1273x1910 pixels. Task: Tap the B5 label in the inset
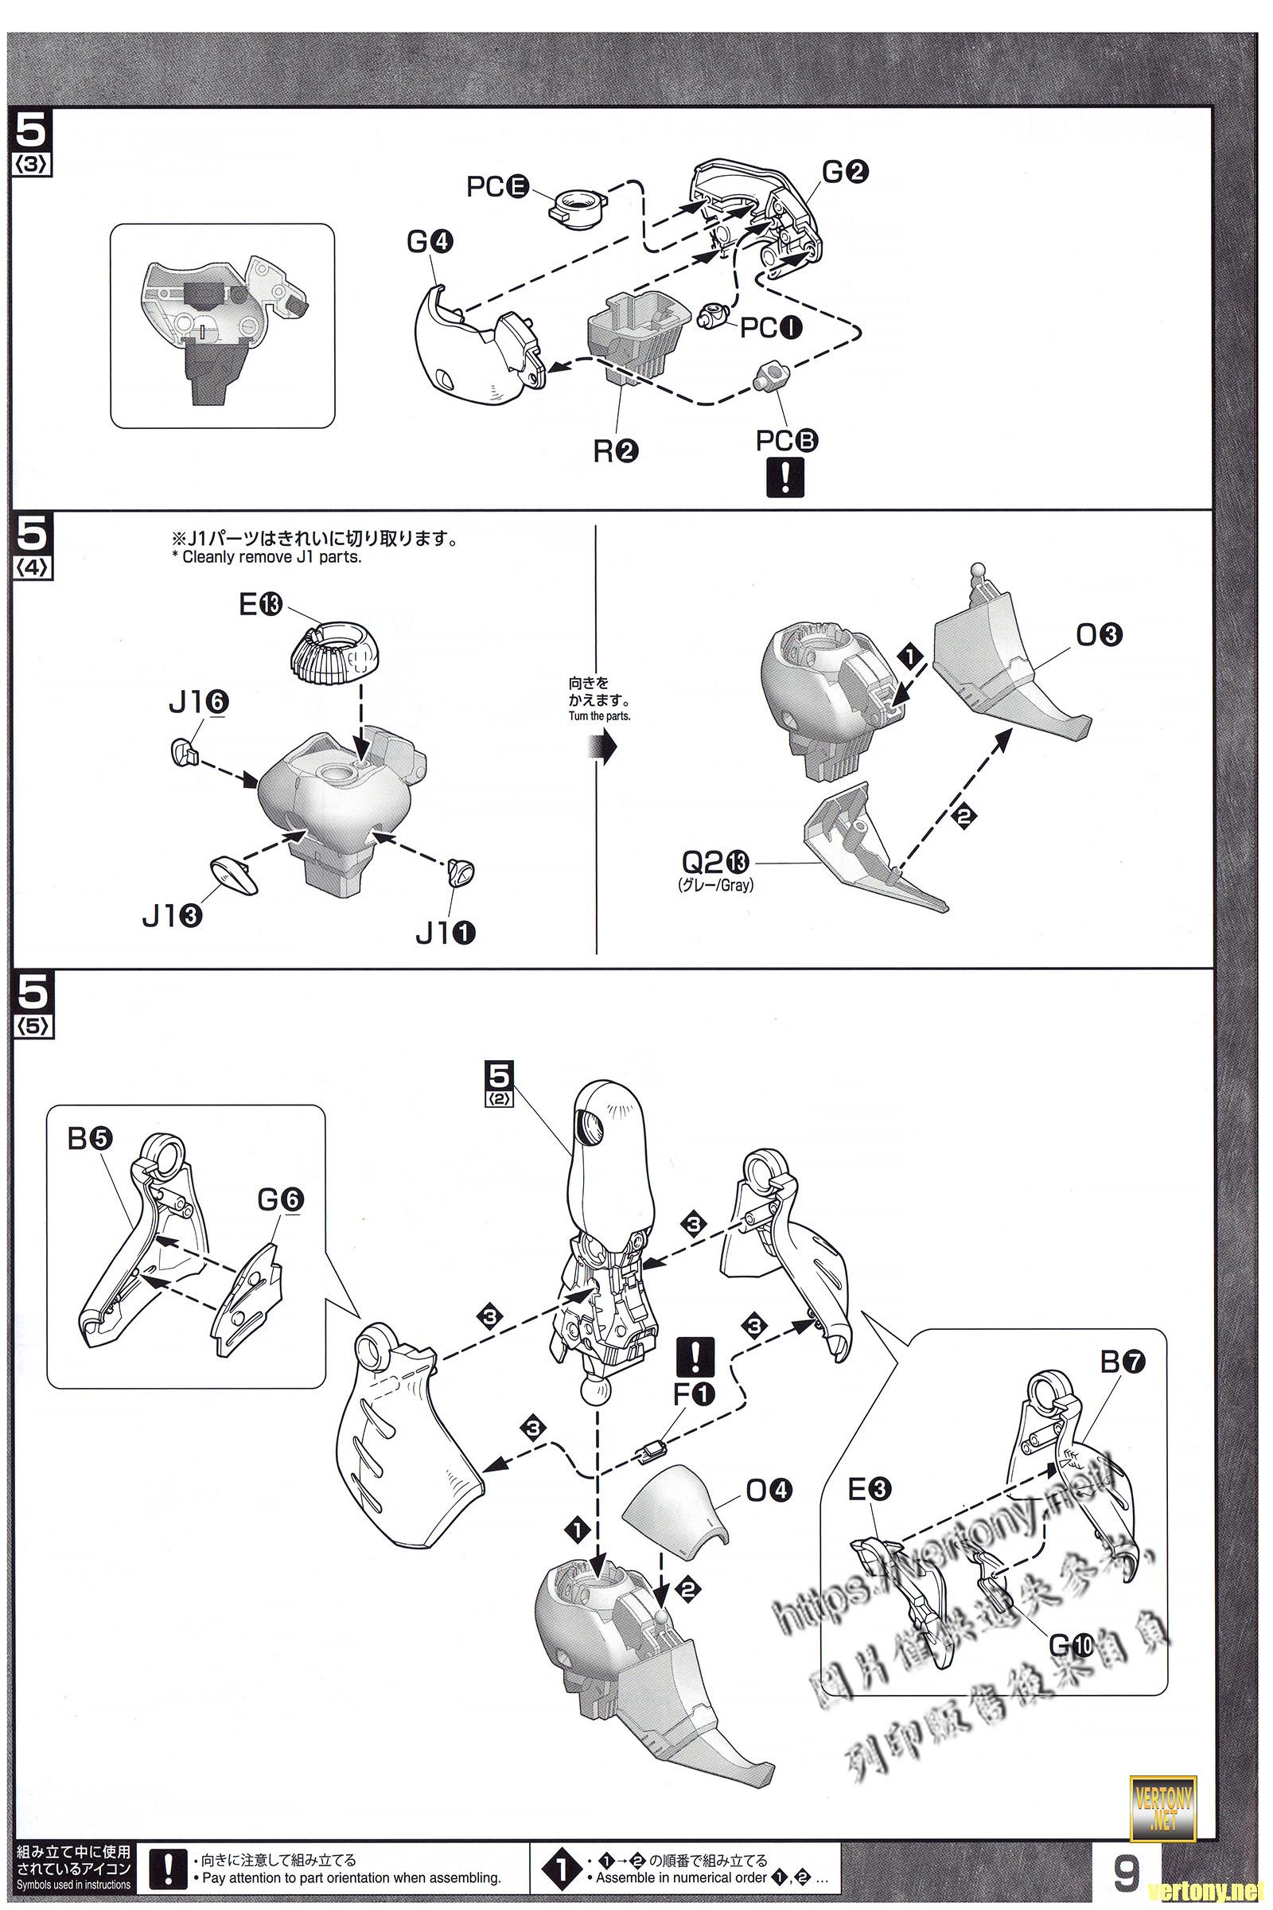tap(90, 1140)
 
